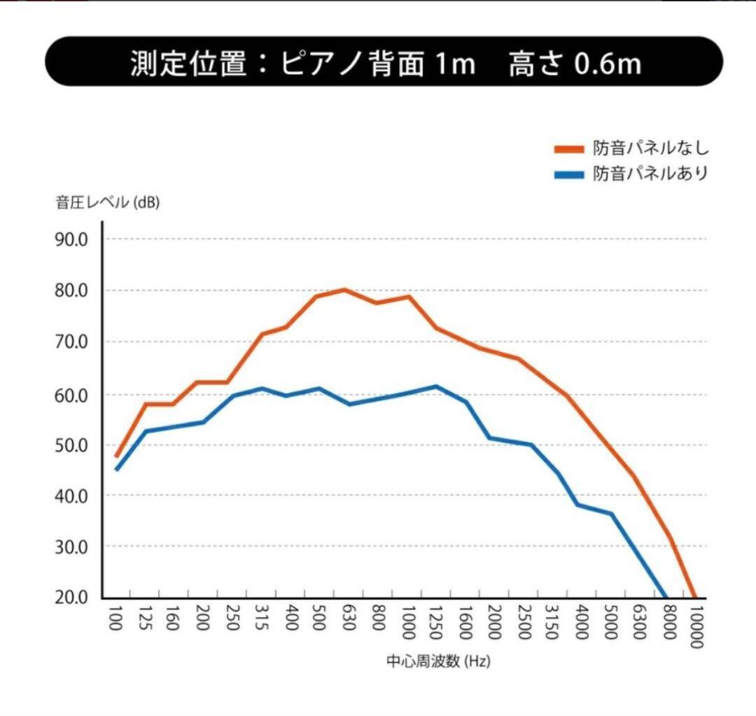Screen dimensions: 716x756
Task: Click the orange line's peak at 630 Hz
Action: coord(344,289)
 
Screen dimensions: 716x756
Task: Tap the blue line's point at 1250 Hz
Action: coord(436,386)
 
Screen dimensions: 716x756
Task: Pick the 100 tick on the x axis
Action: coord(115,619)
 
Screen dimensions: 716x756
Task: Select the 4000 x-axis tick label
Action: coord(580,622)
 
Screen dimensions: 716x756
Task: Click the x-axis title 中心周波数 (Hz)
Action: coord(437,661)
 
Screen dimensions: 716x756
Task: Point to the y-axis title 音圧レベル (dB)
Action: coord(108,204)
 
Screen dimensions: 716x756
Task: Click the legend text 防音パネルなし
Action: coord(651,148)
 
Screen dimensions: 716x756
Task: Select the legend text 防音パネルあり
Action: coord(651,174)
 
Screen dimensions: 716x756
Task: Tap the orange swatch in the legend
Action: coord(569,149)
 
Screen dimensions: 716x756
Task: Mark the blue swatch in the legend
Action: coord(569,174)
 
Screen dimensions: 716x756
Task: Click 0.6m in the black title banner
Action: coord(607,63)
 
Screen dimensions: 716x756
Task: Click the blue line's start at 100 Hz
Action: coord(116,469)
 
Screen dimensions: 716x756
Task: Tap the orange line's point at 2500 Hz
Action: coord(519,359)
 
